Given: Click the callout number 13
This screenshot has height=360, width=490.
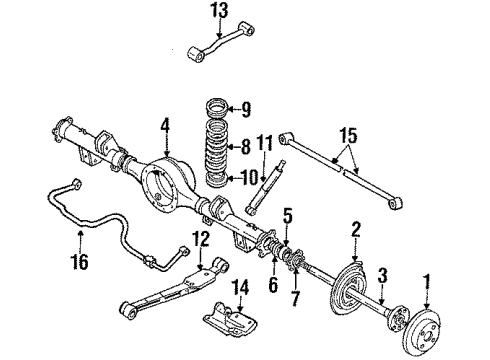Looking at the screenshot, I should pos(219,11).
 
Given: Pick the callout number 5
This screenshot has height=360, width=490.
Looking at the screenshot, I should pos(286,240).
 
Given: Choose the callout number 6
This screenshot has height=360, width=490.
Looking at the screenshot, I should pos(271,284).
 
